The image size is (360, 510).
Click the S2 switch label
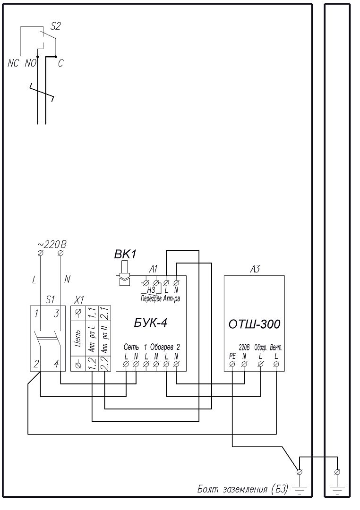pyautogui.click(x=56, y=26)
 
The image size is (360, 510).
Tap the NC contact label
pyautogui.click(x=13, y=63)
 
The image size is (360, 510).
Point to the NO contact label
pyautogui.click(x=30, y=63)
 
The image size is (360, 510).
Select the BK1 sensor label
pyautogui.click(x=125, y=255)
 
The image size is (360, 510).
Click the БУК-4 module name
pyautogui.click(x=150, y=323)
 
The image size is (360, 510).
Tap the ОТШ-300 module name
pyautogui.click(x=254, y=324)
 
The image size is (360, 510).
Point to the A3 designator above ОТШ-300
pyautogui.click(x=255, y=269)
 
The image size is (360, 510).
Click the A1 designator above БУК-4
pyautogui.click(x=154, y=269)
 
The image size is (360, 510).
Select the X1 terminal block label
pyautogui.click(x=79, y=299)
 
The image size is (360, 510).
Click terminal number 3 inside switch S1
pyautogui.click(x=56, y=314)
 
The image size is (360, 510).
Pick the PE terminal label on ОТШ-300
pyautogui.click(x=232, y=357)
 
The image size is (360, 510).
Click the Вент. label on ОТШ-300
pyautogui.click(x=276, y=348)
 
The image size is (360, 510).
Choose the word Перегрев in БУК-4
pyautogui.click(x=151, y=298)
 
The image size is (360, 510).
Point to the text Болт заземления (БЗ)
pyautogui.click(x=243, y=489)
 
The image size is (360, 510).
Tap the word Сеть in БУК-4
pyautogui.click(x=131, y=347)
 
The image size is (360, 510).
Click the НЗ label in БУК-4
pyautogui.click(x=151, y=290)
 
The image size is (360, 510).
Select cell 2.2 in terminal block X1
pyautogui.click(x=105, y=364)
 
